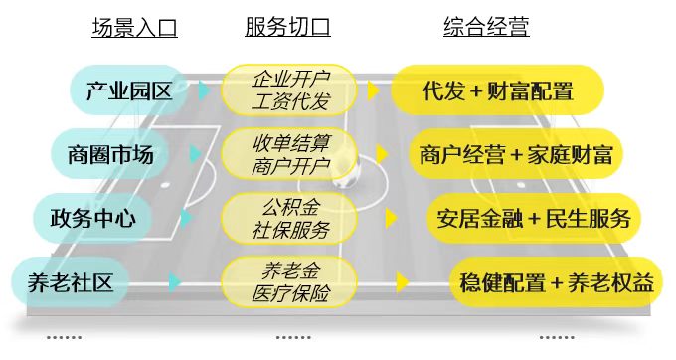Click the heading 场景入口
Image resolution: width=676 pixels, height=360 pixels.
134,27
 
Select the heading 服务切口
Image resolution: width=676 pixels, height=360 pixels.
287,27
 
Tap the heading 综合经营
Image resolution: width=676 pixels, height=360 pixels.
486,27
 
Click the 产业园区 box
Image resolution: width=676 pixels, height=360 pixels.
129,90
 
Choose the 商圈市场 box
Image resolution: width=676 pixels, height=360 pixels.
110,154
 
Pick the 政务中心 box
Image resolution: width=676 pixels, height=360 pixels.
92,218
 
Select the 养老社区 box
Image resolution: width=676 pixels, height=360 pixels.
71,282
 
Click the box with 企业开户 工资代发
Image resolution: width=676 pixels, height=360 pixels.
289,90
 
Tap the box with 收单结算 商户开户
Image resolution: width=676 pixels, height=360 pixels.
289,154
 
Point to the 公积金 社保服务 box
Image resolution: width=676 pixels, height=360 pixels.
289,218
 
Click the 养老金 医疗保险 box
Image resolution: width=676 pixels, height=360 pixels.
289,282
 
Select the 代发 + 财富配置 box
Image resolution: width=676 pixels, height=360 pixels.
497,90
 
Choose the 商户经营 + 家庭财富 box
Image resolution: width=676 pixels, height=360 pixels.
516,154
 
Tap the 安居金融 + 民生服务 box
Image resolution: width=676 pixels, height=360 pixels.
534,218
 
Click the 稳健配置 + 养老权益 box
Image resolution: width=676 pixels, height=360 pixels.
556,282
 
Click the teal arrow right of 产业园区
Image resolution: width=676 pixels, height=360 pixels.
204,90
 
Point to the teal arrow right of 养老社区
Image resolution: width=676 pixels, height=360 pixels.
175,282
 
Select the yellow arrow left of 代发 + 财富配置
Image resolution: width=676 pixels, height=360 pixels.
374,90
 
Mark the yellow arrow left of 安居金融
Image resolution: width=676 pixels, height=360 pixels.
391,219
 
